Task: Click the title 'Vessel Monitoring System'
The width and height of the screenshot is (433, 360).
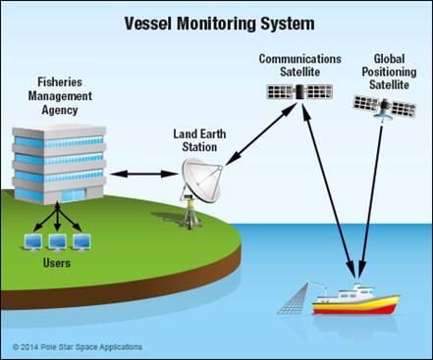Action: point(216,22)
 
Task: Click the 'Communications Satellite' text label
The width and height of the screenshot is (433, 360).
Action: point(299,66)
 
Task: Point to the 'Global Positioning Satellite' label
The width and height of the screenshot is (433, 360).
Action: point(386,72)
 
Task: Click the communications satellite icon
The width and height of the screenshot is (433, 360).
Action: point(298,92)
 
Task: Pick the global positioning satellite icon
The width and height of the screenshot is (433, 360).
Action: point(385,108)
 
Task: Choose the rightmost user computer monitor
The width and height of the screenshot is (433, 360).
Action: point(84,240)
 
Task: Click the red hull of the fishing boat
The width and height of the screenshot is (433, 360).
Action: point(355,308)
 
